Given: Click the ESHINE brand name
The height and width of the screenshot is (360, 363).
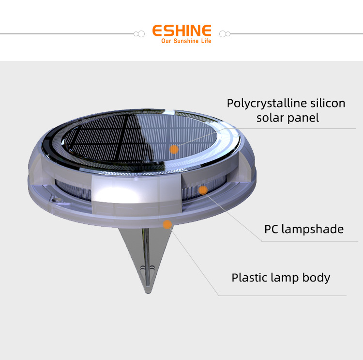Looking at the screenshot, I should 182,31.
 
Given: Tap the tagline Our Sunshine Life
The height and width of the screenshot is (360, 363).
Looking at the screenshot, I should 186,41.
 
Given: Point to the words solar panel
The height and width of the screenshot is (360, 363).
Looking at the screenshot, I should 287,118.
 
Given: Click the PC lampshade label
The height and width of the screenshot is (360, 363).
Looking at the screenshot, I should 304,229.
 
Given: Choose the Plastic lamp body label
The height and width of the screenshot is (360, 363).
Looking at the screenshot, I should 281,278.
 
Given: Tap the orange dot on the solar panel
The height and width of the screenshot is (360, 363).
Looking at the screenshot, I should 174,149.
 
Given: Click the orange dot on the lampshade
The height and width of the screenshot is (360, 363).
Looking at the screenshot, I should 203,190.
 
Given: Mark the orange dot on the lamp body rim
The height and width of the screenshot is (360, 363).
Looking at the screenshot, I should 167,224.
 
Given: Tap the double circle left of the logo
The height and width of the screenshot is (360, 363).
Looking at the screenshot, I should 139,34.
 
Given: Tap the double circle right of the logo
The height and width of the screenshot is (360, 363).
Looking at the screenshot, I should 225,34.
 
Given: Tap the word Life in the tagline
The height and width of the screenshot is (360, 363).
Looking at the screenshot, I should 207,41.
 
